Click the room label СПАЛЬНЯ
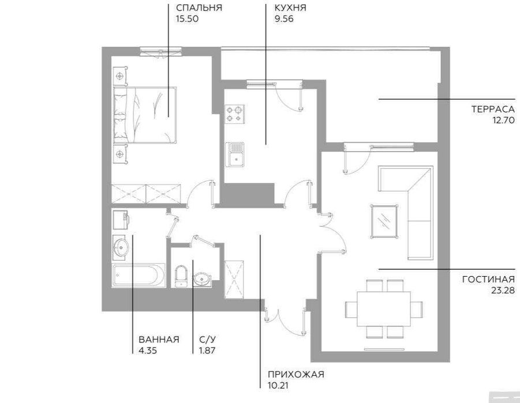coord(199,7)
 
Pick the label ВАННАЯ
coord(158,339)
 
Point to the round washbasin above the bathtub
coord(121,247)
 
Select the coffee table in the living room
coord(384,220)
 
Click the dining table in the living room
coord(384,309)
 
